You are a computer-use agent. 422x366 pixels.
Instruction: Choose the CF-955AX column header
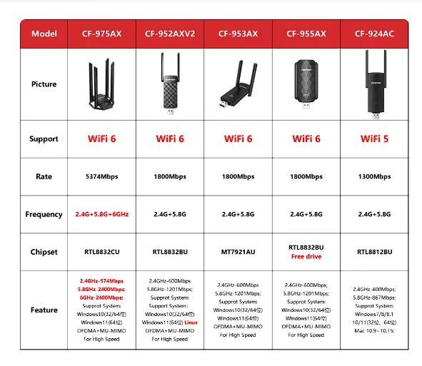click(306, 34)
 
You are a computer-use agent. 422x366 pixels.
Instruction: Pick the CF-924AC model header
click(374, 34)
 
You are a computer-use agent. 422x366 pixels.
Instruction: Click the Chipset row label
click(44, 252)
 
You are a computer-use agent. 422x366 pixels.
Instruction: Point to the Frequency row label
click(44, 214)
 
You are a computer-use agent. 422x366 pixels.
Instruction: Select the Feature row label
click(44, 310)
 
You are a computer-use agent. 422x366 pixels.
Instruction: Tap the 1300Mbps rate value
click(374, 176)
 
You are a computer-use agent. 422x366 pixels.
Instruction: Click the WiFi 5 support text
click(374, 138)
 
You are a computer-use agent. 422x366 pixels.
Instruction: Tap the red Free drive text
click(306, 256)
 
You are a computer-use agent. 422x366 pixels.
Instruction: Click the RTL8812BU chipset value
click(374, 252)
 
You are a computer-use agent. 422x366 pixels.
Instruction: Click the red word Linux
click(191, 322)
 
